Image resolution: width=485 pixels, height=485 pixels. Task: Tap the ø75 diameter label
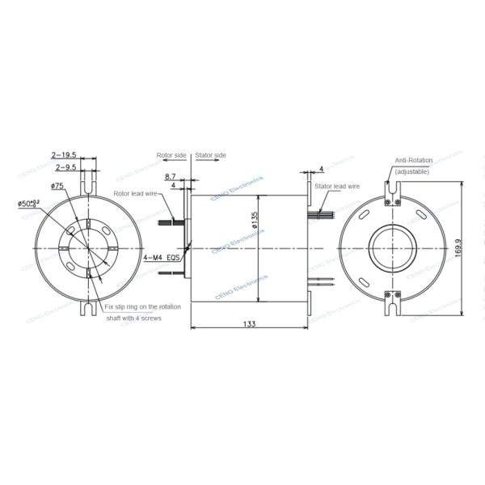tap(57, 187)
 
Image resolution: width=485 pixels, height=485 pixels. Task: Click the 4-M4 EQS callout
tap(158, 257)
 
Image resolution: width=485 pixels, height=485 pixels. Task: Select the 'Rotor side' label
tap(171, 154)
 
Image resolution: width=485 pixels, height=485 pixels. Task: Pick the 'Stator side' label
tap(211, 154)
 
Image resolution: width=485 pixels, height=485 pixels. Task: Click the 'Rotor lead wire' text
tap(133, 193)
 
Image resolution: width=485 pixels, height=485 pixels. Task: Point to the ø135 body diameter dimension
tap(255, 221)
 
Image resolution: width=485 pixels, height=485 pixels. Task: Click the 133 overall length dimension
tap(249, 323)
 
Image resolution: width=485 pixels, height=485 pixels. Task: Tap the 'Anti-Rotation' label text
tap(413, 162)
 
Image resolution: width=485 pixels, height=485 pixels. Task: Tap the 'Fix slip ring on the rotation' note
tap(143, 307)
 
